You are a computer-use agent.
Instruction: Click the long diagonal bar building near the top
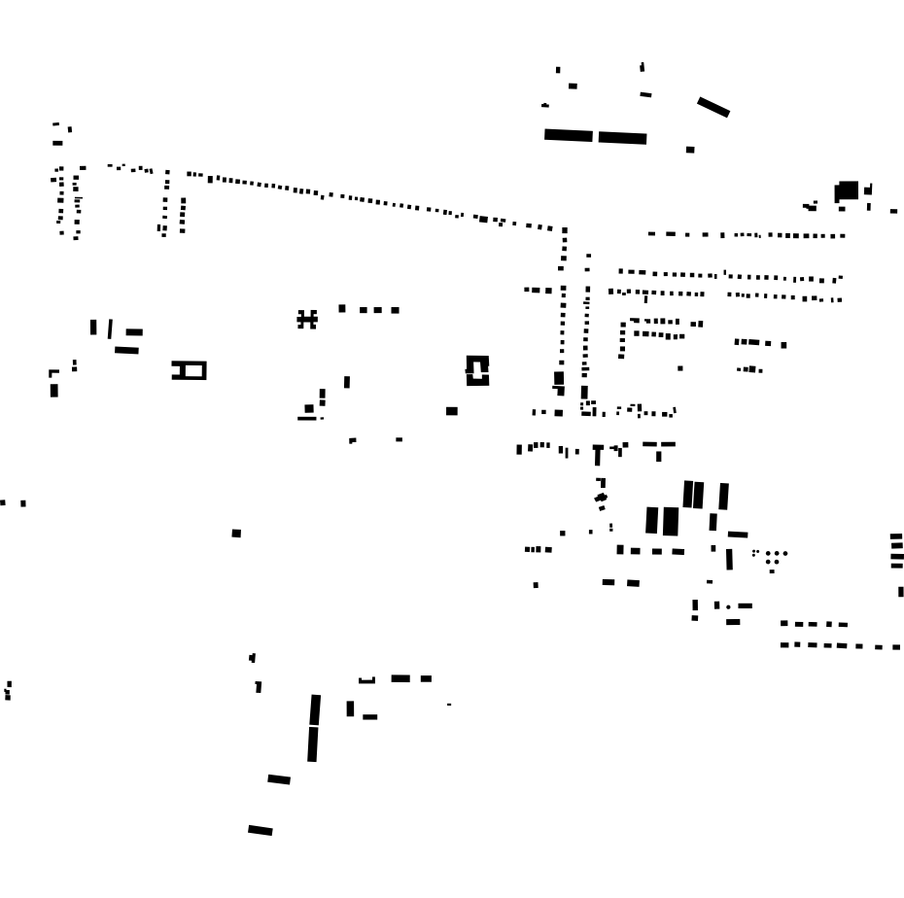[x=713, y=107]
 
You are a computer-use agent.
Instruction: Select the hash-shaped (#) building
[x=307, y=319]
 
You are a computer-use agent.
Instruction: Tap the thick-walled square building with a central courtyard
[x=477, y=370]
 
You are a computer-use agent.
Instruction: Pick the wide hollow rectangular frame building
[x=190, y=370]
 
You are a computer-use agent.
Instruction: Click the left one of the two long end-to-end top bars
[x=569, y=135]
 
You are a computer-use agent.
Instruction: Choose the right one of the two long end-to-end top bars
[x=622, y=138]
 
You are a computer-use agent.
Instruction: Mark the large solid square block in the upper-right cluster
[x=847, y=190]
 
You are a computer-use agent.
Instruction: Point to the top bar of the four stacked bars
[x=896, y=535]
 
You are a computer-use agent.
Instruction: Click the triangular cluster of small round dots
[x=772, y=559]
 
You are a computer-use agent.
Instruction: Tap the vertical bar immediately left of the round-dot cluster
[x=729, y=560]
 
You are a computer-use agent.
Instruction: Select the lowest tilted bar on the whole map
[x=261, y=830]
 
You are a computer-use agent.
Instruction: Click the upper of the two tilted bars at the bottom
[x=279, y=778]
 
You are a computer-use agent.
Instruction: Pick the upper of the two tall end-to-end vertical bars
[x=315, y=709]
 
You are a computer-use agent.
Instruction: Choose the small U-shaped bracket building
[x=366, y=680]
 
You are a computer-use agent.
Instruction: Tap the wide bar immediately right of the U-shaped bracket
[x=400, y=678]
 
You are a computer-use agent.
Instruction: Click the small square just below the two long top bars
[x=690, y=150]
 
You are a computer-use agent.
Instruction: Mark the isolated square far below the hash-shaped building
[x=236, y=533]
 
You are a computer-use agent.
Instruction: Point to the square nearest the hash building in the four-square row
[x=342, y=308]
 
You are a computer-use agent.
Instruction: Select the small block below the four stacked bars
[x=900, y=591]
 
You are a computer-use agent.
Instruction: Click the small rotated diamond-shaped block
[x=601, y=499]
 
